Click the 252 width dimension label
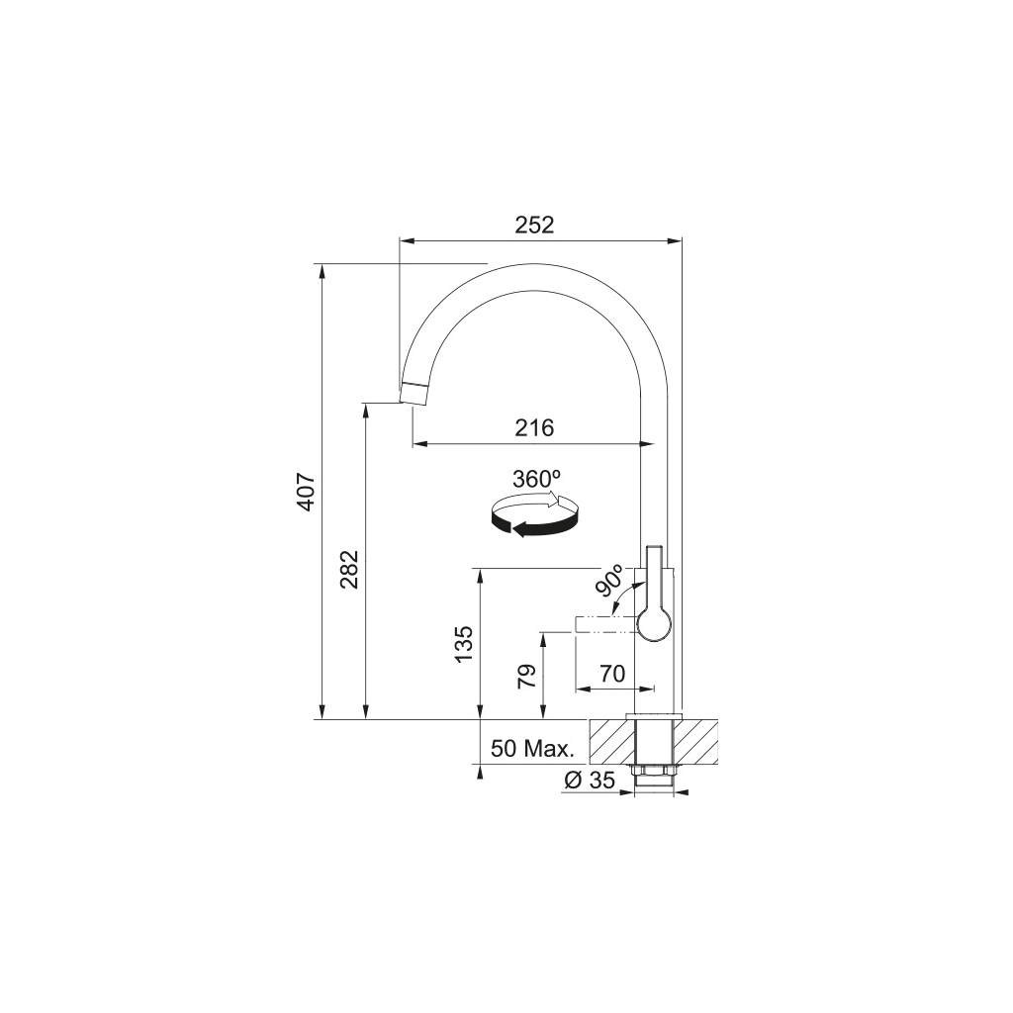(x=534, y=225)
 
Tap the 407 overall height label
(x=306, y=492)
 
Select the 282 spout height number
(x=349, y=569)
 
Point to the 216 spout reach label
(x=534, y=427)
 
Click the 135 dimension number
(x=464, y=644)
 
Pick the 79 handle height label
(x=526, y=676)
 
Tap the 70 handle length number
(x=612, y=673)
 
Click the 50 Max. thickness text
(x=532, y=750)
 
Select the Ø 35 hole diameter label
(x=590, y=781)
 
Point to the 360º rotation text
(x=536, y=479)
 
